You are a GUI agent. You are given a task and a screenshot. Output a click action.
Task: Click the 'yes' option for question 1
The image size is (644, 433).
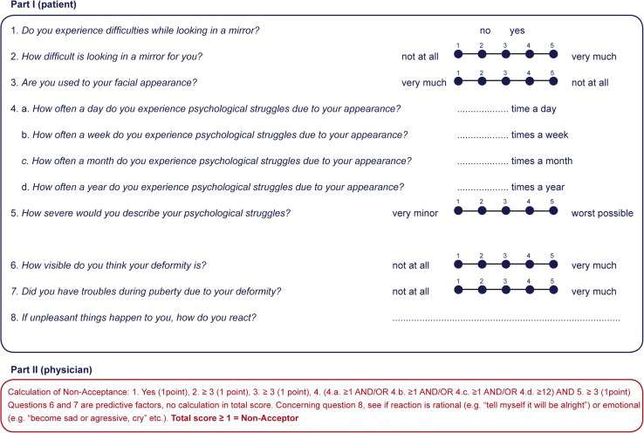[x=517, y=31]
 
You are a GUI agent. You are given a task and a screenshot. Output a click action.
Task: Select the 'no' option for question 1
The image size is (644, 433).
[x=485, y=31]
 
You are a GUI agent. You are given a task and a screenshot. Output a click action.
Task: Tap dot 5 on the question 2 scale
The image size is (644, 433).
[x=552, y=57]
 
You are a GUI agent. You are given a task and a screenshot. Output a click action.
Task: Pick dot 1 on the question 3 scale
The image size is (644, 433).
[x=458, y=83]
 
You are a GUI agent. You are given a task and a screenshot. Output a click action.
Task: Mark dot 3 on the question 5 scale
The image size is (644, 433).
[x=505, y=213]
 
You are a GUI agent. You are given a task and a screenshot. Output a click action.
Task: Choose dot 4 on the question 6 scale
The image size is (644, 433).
[x=529, y=265]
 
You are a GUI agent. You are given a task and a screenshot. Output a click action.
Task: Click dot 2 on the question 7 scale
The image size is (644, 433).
[x=482, y=291]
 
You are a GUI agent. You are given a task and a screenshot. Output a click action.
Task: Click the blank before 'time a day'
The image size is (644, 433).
[x=483, y=111]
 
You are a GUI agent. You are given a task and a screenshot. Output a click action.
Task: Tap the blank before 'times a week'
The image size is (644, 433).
[x=483, y=136]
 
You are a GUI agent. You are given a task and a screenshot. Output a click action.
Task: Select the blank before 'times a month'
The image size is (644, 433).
[x=483, y=162]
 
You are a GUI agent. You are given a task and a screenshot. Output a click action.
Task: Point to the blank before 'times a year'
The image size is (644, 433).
[x=483, y=188]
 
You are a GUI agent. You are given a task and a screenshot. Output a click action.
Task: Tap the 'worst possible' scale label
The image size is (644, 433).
[x=602, y=213]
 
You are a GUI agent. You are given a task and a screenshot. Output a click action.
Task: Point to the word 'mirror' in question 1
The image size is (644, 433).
[x=237, y=31]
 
